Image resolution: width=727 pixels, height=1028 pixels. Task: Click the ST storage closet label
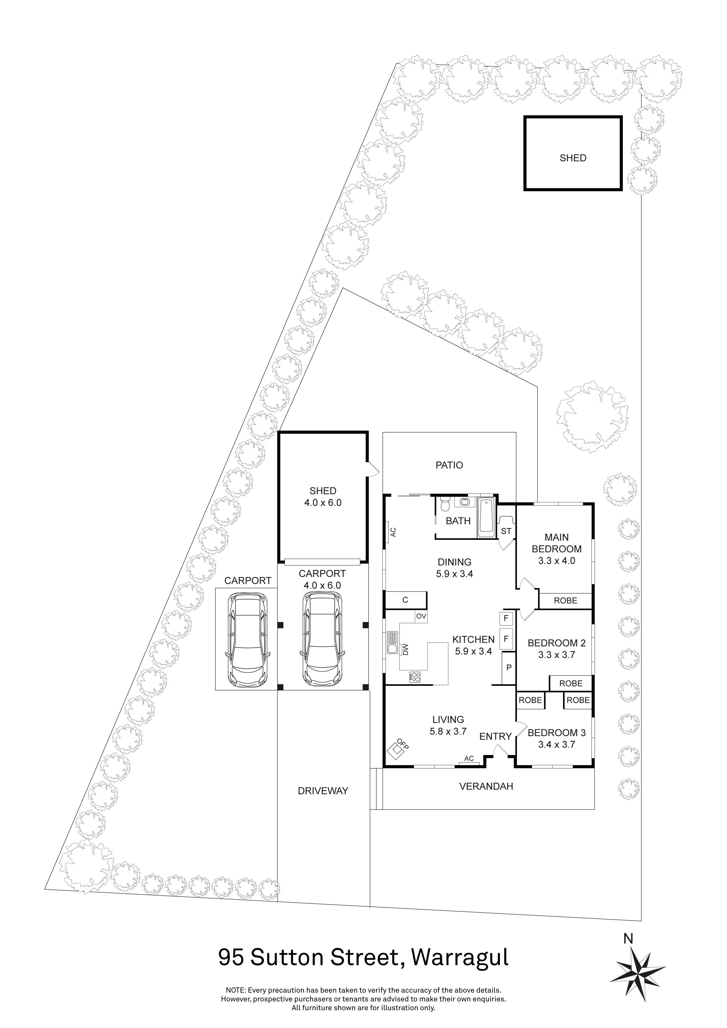(506, 532)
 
